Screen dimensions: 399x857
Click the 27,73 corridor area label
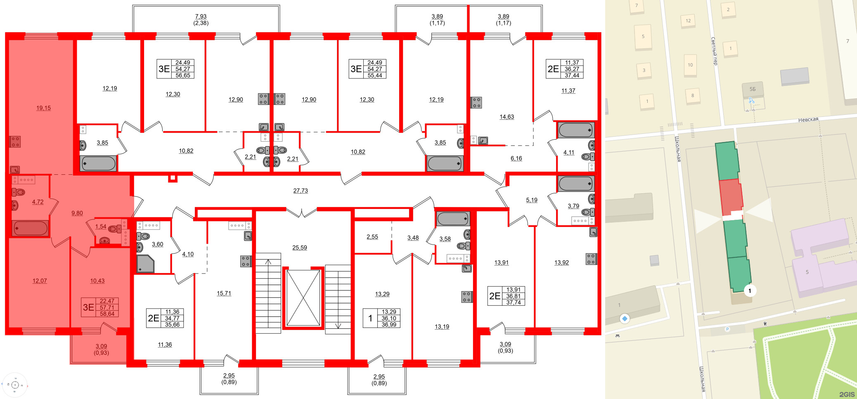[300, 191]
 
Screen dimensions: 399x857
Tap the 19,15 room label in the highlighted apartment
[43, 108]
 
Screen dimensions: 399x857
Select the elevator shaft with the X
[303, 298]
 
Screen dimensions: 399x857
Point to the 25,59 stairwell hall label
[299, 248]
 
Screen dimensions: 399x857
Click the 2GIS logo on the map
[846, 394]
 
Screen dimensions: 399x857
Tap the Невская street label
[808, 120]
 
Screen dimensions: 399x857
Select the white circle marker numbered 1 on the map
[750, 291]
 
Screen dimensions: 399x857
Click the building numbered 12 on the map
[688, 21]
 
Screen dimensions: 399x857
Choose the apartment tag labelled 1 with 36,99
[382, 318]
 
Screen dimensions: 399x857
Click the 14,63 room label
[507, 117]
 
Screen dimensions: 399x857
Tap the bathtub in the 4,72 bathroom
[30, 228]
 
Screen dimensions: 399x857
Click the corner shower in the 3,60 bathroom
[145, 264]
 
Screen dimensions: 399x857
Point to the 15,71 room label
[224, 293]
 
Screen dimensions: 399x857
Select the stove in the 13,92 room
[591, 259]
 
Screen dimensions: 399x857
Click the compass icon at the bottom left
[15, 385]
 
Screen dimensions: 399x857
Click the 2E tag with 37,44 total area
[564, 69]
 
